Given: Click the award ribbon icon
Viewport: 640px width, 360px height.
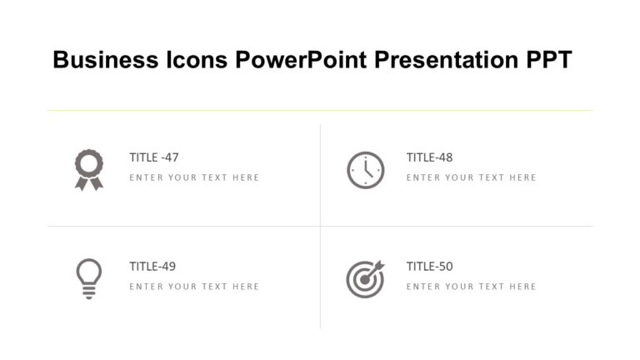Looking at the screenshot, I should click(88, 169).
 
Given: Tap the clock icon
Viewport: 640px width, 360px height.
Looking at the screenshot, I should click(365, 170).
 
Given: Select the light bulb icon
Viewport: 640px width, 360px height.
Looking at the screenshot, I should click(88, 277).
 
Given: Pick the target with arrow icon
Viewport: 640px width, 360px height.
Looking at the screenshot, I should click(365, 277).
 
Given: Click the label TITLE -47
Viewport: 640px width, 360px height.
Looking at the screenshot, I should click(154, 157).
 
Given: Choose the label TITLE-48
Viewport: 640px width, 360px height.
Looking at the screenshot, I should click(429, 157).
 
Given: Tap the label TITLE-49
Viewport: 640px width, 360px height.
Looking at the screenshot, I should click(152, 267).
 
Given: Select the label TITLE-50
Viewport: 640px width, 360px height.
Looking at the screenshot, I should click(429, 267).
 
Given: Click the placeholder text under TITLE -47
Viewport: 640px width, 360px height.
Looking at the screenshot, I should click(194, 177).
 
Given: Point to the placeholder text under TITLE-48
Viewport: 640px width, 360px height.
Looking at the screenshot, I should click(471, 177).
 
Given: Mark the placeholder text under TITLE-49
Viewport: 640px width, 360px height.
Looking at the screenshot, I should click(194, 287).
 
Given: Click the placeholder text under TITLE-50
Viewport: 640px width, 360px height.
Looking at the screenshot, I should click(471, 287).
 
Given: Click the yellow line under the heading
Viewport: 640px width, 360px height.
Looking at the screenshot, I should click(320, 110).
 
